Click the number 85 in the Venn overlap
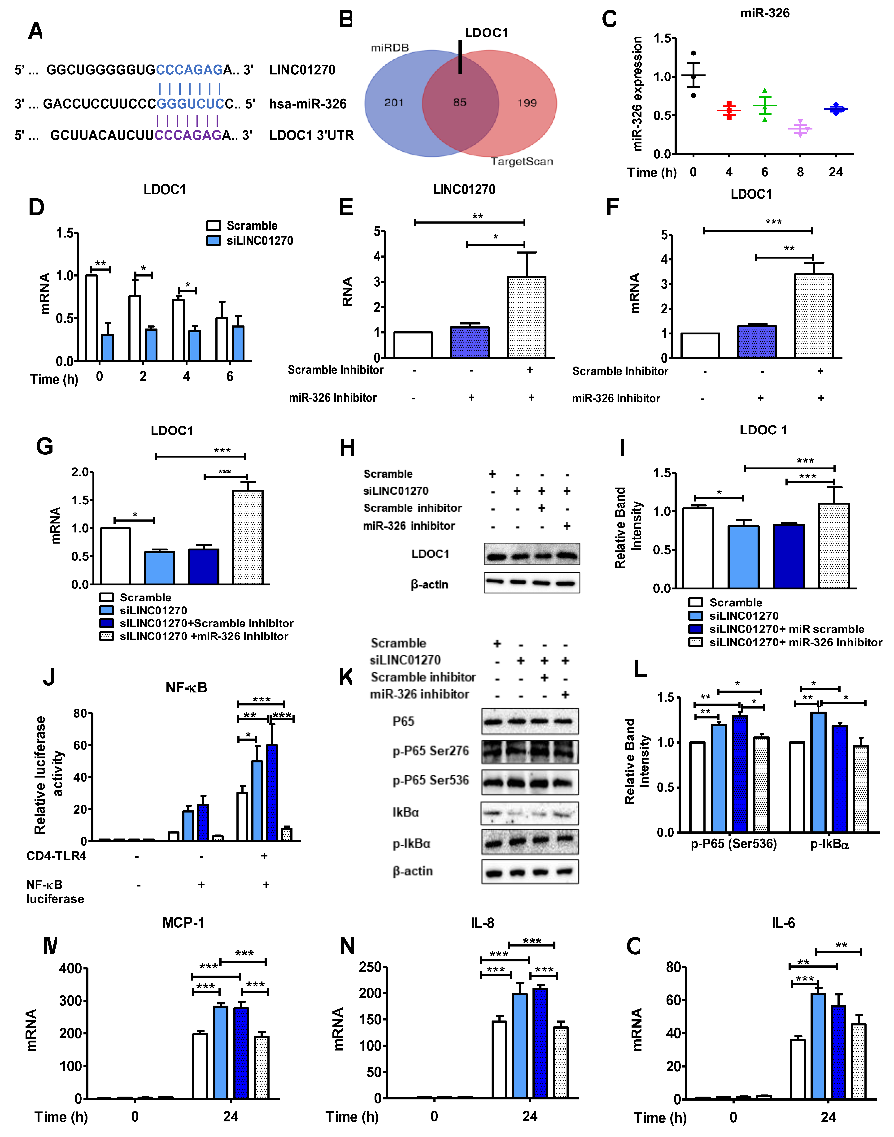click(460, 103)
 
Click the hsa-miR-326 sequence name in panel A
click(308, 104)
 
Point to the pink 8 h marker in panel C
click(800, 128)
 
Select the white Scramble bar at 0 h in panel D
click(91, 318)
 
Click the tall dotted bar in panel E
click(527, 317)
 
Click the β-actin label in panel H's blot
click(429, 584)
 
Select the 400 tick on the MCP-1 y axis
click(71, 968)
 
